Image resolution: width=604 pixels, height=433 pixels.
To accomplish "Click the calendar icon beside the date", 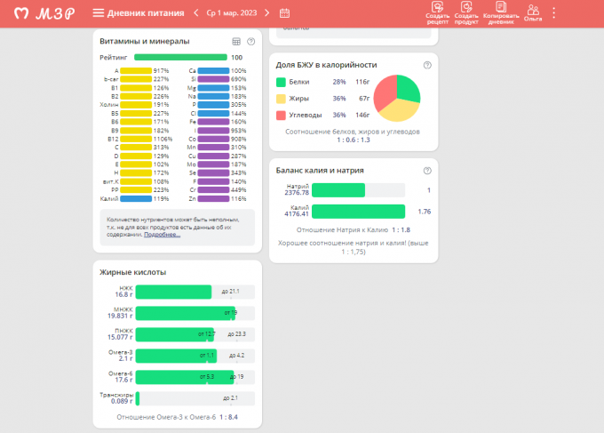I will tap(284, 13).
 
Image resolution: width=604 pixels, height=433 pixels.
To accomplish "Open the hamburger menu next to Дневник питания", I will tap(98, 13).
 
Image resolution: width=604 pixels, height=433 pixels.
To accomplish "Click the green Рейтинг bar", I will tap(180, 57).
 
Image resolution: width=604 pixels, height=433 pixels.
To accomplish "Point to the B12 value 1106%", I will tap(163, 139).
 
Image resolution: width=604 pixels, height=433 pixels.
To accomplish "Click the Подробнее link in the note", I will tap(162, 235).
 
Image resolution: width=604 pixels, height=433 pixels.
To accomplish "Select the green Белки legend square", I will tap(281, 82).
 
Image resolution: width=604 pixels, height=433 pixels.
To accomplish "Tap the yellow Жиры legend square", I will tap(281, 99).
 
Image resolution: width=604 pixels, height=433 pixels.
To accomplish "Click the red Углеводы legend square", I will tap(281, 115).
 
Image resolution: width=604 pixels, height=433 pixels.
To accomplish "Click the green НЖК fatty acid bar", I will tap(173, 292).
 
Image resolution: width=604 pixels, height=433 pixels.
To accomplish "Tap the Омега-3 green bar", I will tap(171, 355).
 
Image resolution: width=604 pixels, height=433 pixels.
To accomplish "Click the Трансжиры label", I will tap(117, 395).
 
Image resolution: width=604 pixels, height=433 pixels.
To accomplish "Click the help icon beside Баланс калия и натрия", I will tap(427, 171).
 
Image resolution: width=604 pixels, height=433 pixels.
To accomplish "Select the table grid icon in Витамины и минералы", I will tap(236, 42).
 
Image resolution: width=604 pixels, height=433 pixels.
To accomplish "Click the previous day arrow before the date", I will tap(196, 13).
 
